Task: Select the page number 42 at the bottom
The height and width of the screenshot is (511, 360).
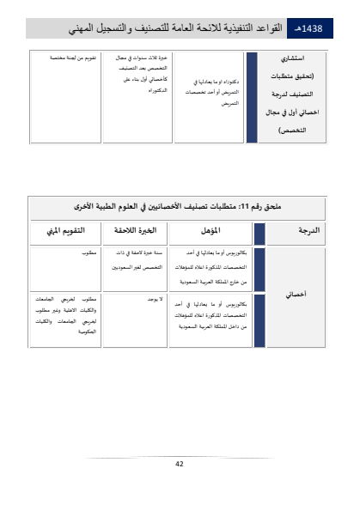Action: (180, 464)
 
